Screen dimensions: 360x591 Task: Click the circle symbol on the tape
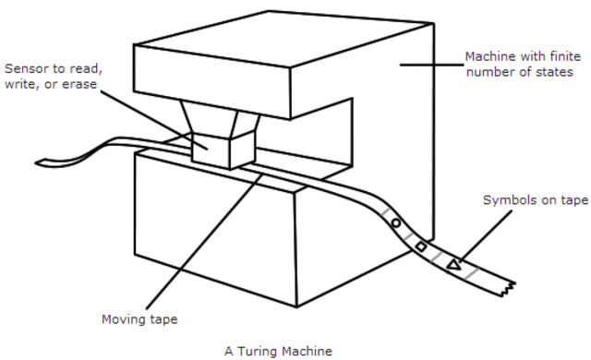click(x=396, y=223)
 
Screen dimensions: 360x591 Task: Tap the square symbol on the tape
click(x=420, y=246)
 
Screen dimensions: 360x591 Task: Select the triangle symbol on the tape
click(x=452, y=265)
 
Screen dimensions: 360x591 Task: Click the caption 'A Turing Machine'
click(x=277, y=351)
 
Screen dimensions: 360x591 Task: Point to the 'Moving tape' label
click(x=139, y=319)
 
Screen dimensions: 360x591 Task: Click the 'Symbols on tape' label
click(x=535, y=200)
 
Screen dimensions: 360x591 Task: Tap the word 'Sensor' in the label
click(x=25, y=69)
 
